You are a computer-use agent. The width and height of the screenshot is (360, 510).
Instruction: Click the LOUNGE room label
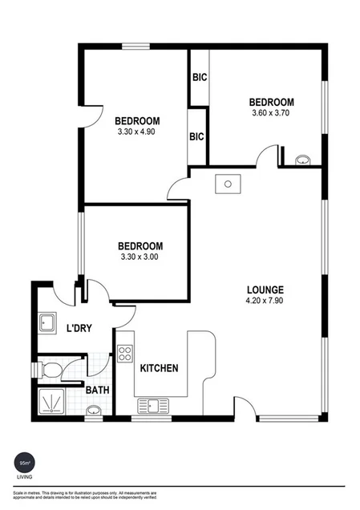click(265, 289)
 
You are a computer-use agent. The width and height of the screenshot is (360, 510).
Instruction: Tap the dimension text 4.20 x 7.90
click(265, 302)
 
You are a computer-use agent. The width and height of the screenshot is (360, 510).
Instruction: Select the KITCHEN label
click(159, 369)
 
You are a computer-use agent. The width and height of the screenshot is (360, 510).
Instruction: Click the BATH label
click(98, 390)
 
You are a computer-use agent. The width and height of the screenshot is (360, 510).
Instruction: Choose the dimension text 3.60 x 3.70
click(271, 114)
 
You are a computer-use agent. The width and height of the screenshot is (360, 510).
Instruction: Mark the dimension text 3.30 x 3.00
click(140, 257)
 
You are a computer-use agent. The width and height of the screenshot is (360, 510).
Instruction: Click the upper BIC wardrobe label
click(198, 79)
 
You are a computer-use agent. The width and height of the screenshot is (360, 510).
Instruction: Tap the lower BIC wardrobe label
click(196, 136)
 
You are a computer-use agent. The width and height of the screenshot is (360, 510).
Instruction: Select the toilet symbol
click(51, 370)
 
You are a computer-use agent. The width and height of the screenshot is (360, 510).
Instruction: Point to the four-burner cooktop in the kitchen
click(125, 353)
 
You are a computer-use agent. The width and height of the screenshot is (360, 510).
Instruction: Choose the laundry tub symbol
click(47, 324)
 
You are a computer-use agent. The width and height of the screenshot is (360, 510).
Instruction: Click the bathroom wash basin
click(93, 411)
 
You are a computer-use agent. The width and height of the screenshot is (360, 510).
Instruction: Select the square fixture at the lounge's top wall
click(229, 184)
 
